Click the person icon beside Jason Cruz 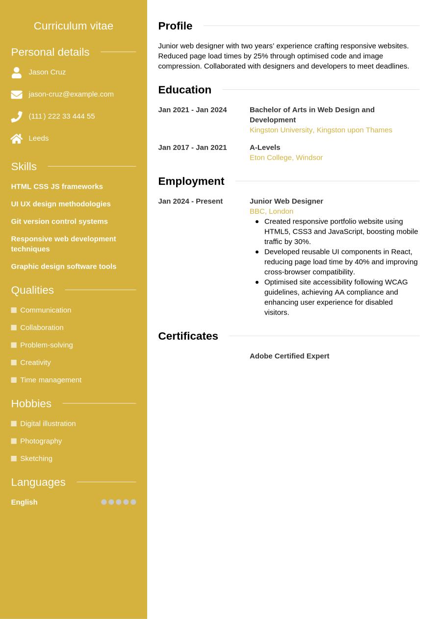(17, 73)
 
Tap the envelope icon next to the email (17, 95)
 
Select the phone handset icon (17, 117)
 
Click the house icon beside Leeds (17, 139)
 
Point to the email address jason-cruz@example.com (71, 94)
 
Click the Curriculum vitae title (74, 26)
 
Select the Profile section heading (175, 26)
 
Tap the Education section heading (184, 90)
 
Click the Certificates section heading (188, 336)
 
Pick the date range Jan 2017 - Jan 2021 (192, 148)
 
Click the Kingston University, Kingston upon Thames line (321, 130)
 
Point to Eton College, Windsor (286, 158)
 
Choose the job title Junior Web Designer (286, 201)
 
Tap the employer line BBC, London (271, 211)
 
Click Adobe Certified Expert (289, 356)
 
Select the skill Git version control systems (59, 222)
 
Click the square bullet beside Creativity (14, 363)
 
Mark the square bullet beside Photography (14, 441)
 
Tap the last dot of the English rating (133, 502)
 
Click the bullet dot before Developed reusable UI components (257, 252)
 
